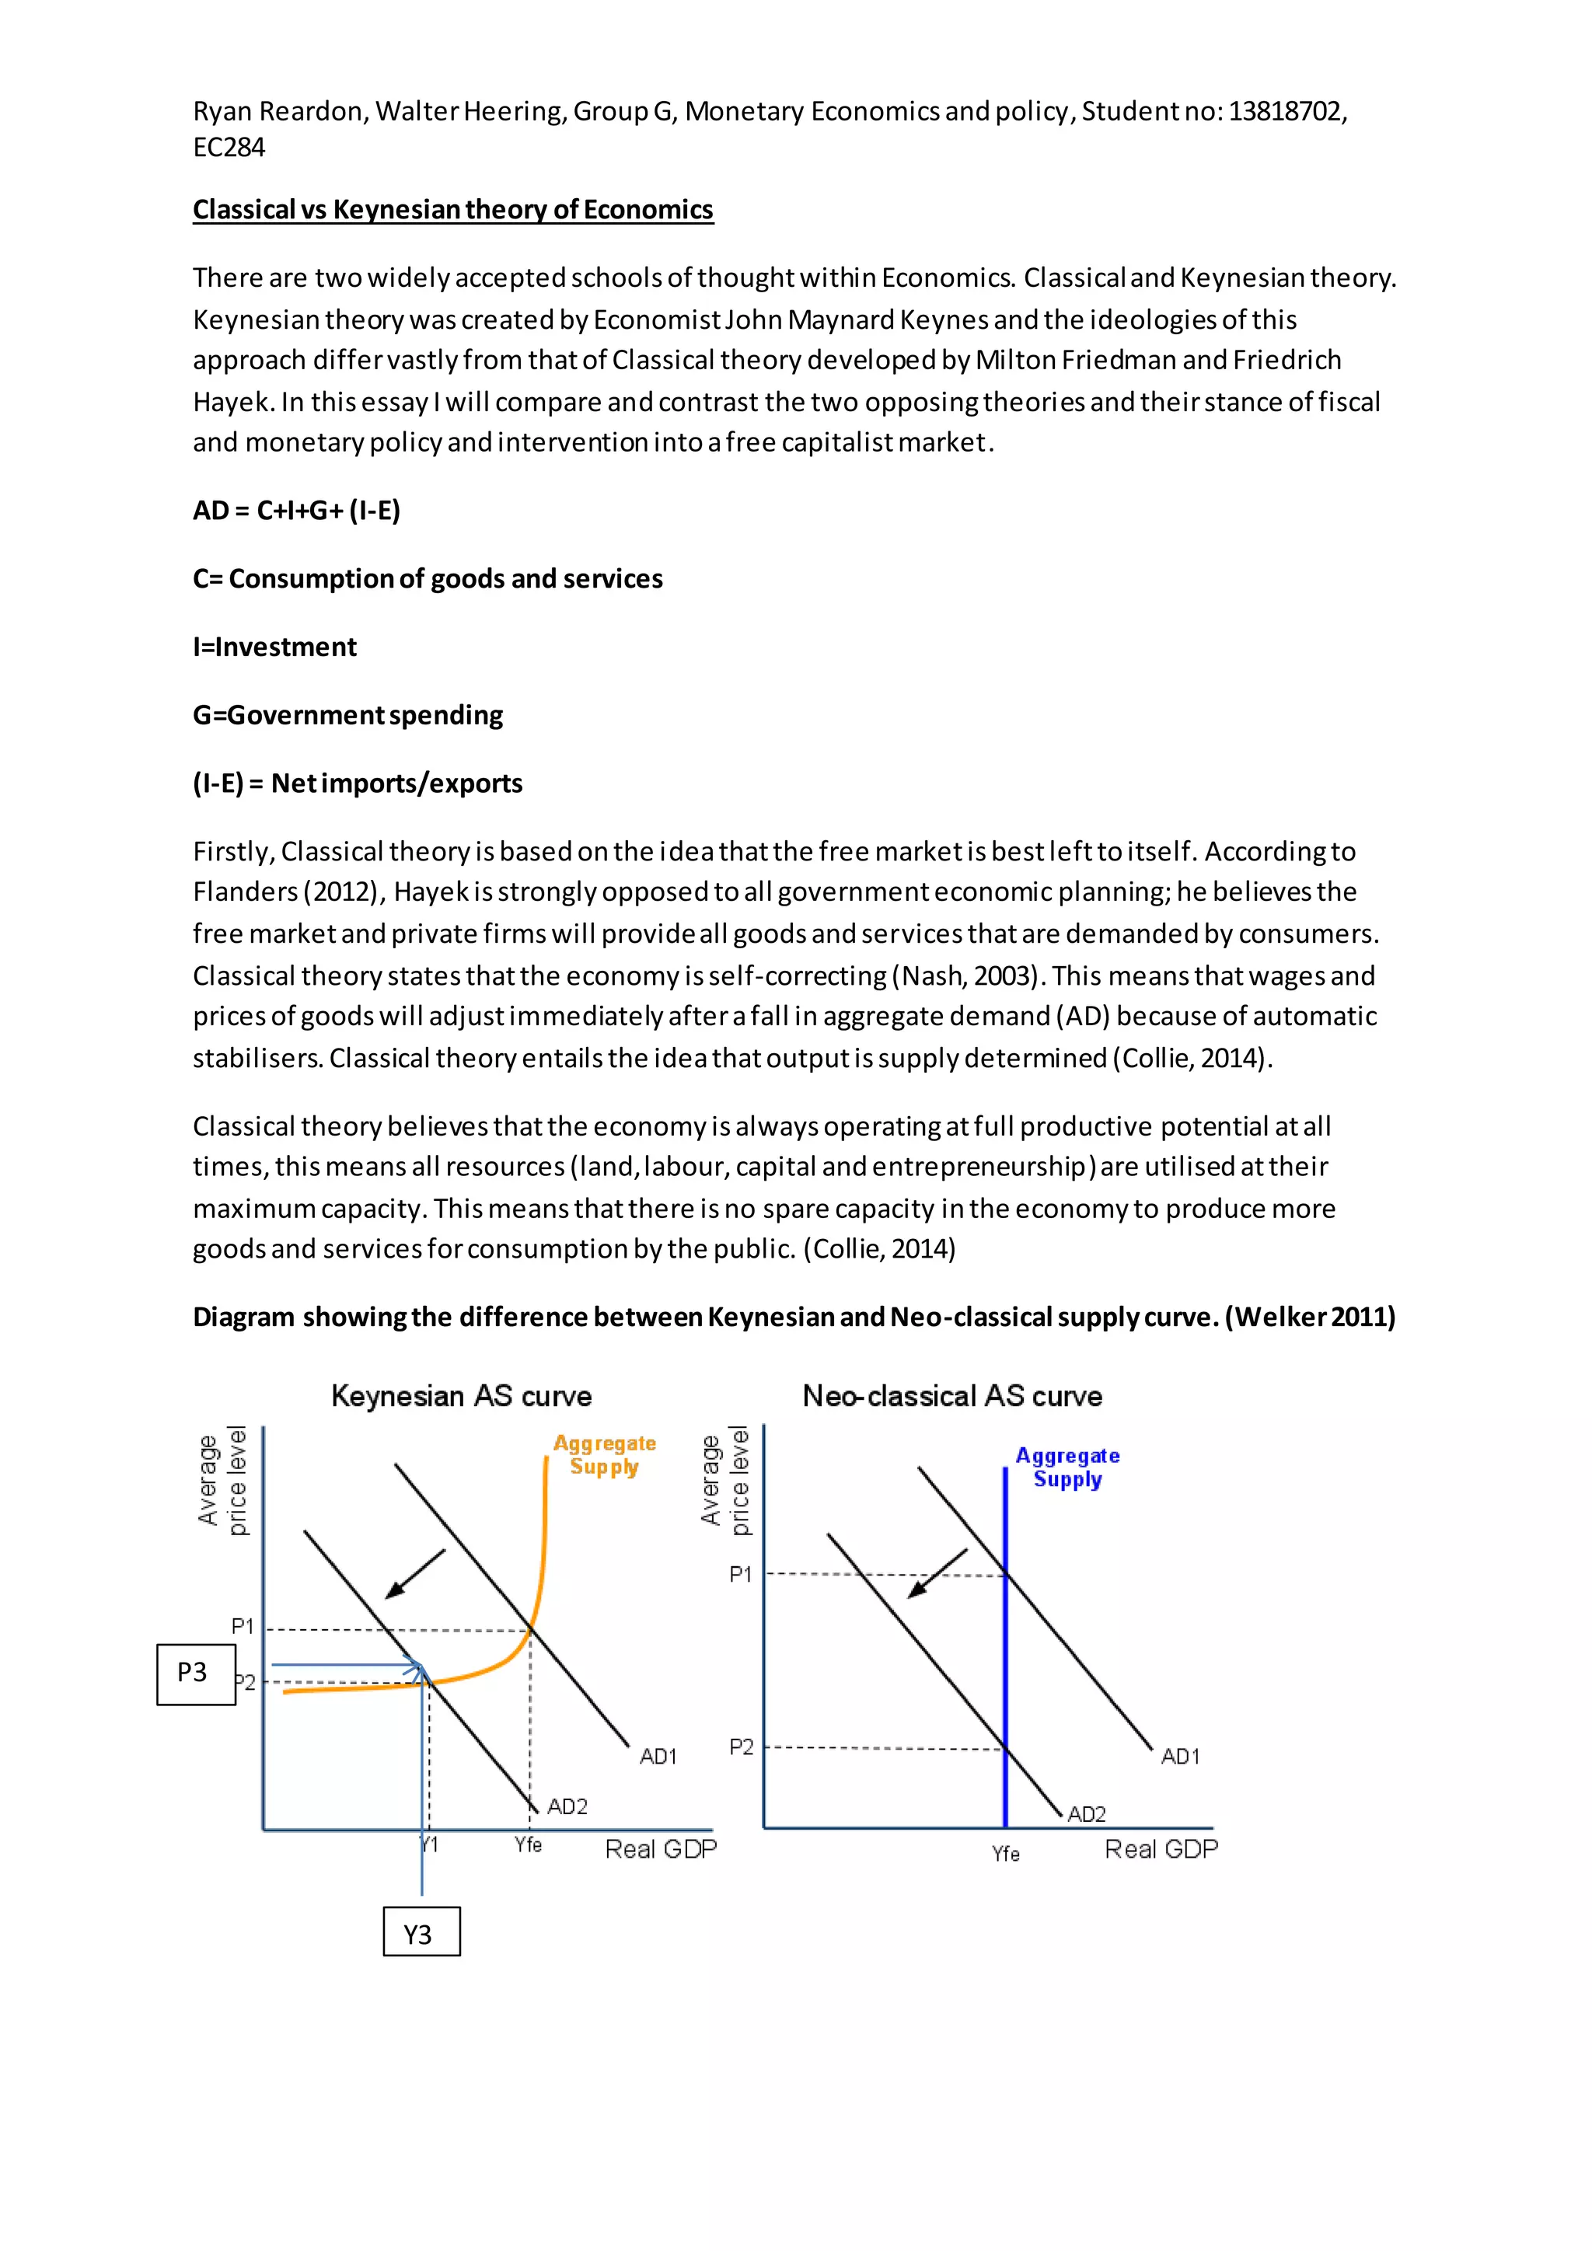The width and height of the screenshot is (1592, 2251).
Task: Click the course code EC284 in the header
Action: click(x=229, y=148)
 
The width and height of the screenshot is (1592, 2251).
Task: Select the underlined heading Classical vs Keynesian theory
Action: click(x=453, y=210)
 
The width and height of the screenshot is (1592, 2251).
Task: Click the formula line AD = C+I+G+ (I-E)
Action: click(x=296, y=511)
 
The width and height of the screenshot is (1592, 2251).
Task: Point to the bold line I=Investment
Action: click(x=274, y=647)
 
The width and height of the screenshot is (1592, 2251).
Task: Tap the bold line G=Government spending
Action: click(x=348, y=716)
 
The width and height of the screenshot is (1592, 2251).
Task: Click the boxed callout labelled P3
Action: click(x=195, y=1673)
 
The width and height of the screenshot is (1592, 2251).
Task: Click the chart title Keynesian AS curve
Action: click(x=461, y=1395)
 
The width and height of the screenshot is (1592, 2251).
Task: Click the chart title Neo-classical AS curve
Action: click(x=952, y=1395)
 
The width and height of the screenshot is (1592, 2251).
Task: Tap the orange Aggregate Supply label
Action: click(x=604, y=1455)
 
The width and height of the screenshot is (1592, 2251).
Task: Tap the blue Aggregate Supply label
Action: click(x=1067, y=1468)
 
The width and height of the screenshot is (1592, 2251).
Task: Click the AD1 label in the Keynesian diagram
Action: click(x=658, y=1756)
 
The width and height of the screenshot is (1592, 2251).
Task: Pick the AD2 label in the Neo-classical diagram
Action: click(x=1086, y=1815)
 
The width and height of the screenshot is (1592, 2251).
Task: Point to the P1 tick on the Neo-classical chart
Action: click(x=740, y=1575)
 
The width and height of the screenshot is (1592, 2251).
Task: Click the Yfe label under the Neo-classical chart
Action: click(x=1005, y=1854)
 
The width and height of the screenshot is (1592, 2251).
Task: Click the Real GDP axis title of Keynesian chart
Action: click(x=660, y=1849)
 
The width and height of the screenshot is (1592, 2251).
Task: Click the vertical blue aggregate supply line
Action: click(x=1005, y=1666)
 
